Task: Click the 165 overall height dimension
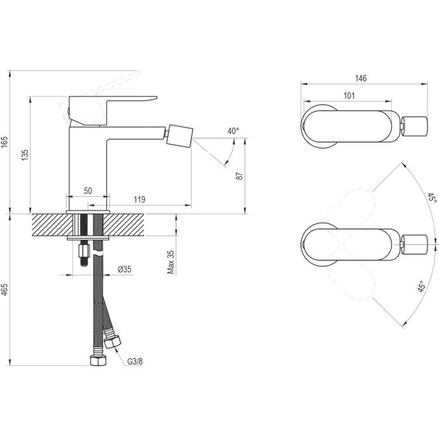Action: click(4, 142)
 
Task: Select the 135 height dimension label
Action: click(25, 155)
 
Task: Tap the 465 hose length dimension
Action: click(4, 290)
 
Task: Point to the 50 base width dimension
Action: click(88, 191)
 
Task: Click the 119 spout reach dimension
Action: click(139, 199)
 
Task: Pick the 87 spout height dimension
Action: click(240, 176)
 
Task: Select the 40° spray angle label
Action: click(233, 131)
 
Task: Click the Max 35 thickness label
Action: click(170, 262)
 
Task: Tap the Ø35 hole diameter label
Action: click(124, 269)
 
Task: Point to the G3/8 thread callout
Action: click(135, 361)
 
